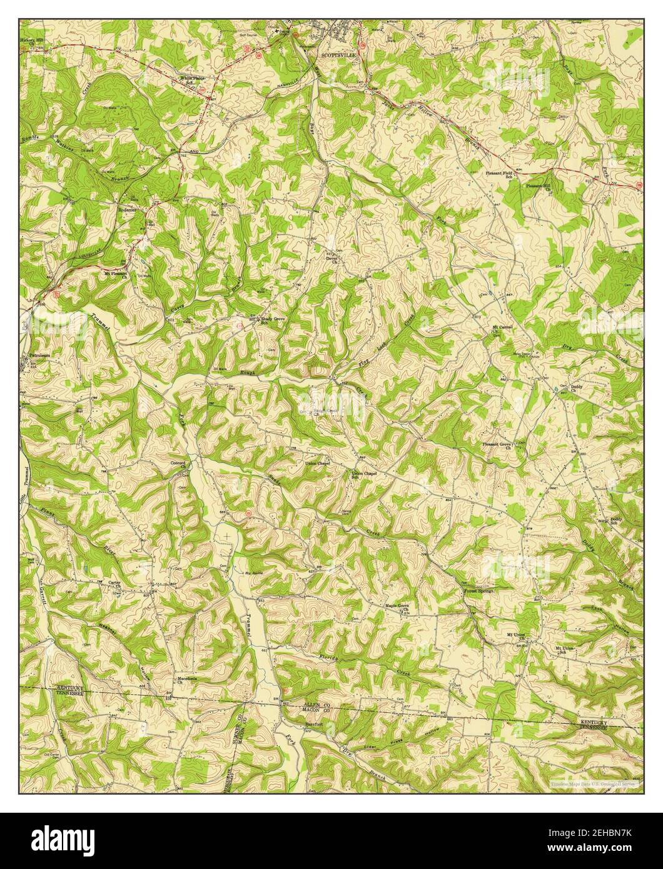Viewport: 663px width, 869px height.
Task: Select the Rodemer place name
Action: tap(127, 210)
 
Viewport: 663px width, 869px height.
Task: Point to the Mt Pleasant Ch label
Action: tap(115, 274)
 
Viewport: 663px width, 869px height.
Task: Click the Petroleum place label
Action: tap(39, 356)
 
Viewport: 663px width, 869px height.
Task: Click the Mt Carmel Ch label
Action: tap(502, 328)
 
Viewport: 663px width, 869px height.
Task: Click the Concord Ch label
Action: tap(178, 464)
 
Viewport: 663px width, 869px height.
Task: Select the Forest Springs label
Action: tap(478, 590)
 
